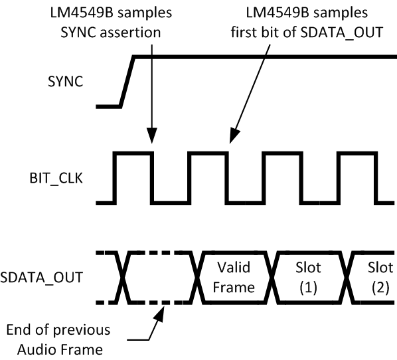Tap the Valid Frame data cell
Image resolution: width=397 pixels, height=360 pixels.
(x=236, y=278)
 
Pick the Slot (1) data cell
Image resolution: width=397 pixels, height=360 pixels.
(x=309, y=278)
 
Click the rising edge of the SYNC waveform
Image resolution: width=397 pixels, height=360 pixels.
(x=127, y=81)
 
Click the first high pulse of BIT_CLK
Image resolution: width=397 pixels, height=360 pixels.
(x=133, y=155)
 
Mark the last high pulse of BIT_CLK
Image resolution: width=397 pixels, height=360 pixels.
(x=358, y=155)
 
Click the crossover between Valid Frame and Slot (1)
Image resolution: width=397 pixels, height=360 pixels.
(x=272, y=278)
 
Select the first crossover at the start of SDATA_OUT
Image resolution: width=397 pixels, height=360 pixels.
(x=121, y=278)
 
